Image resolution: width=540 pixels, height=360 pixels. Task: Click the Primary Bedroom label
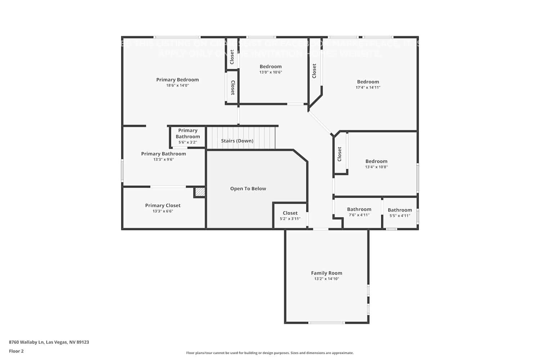(177, 80)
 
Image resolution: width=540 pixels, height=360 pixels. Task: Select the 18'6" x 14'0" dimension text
(177, 86)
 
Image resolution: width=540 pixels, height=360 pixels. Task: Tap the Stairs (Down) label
(237, 141)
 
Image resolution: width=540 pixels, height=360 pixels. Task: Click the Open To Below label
(248, 189)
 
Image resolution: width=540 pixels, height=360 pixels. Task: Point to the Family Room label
(327, 273)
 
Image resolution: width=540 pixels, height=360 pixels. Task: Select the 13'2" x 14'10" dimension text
(327, 279)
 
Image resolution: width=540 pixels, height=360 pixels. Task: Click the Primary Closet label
(163, 205)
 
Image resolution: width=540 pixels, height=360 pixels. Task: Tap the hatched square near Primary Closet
(200, 192)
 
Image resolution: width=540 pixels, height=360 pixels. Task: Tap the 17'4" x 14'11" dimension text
(368, 87)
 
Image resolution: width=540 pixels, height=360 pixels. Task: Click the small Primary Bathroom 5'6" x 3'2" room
(188, 136)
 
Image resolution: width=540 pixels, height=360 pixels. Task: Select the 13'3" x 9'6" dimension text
(163, 159)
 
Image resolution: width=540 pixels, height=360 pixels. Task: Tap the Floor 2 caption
(16, 351)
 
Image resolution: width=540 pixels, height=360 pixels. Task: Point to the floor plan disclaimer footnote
(270, 353)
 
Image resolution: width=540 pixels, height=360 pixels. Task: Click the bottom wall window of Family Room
(327, 323)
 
